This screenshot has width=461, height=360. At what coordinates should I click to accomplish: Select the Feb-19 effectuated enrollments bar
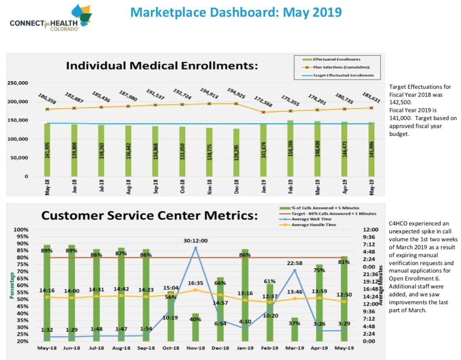tap(290, 148)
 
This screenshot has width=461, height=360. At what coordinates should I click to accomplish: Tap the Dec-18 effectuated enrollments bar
tap(236, 152)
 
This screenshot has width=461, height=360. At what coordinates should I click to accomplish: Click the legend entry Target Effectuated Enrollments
tap(343, 75)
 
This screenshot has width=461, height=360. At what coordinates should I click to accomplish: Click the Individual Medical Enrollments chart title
tap(162, 65)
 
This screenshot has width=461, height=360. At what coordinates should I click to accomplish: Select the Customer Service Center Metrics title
tap(149, 216)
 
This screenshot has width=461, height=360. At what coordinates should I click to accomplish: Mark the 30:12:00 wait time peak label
tap(195, 240)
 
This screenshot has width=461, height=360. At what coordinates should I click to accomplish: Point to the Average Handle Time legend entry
tap(314, 225)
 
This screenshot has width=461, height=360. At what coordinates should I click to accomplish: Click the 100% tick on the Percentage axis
tap(21, 230)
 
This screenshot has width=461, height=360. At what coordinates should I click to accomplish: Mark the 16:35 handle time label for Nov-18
tap(195, 283)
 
